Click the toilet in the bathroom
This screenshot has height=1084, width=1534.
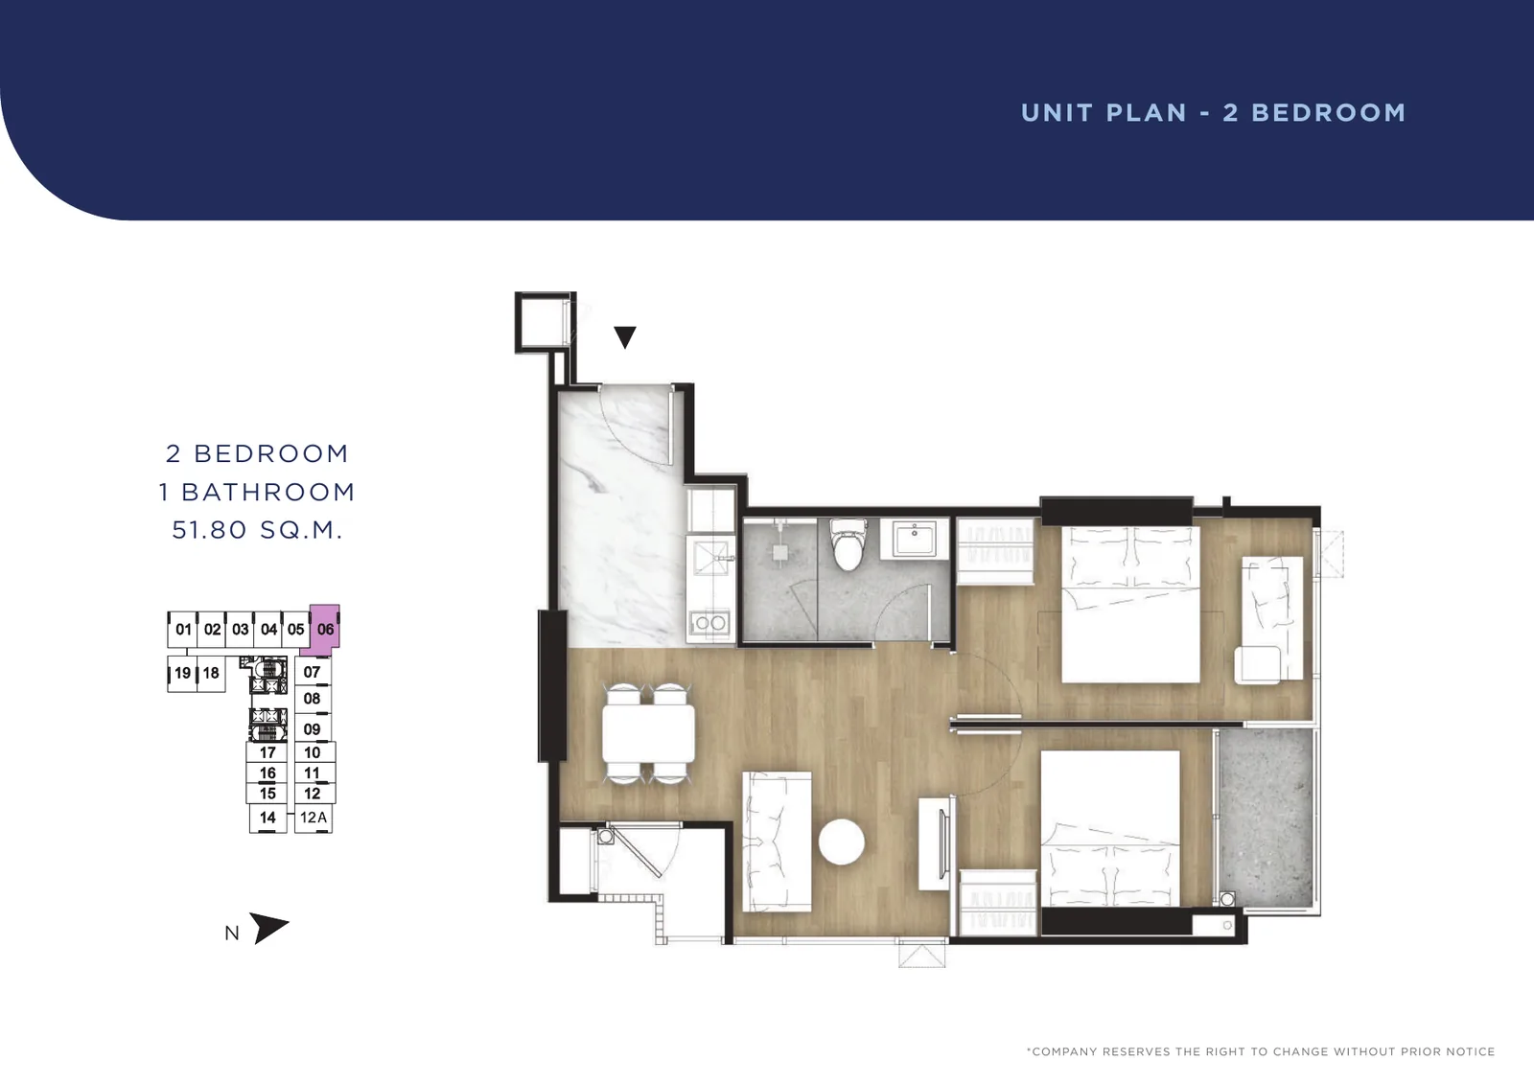click(x=848, y=543)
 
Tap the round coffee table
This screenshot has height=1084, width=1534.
click(x=842, y=842)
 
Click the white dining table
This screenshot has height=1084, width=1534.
click(x=648, y=733)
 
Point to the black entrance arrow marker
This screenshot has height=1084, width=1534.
click(x=624, y=337)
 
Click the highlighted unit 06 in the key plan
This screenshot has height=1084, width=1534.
click(x=325, y=630)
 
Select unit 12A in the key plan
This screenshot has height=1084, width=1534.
click(x=314, y=818)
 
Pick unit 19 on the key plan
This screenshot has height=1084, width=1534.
click(x=182, y=673)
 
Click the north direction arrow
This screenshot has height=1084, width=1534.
click(x=268, y=928)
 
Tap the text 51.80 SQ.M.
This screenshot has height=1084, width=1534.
click(x=257, y=530)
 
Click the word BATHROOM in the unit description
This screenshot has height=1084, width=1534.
click(x=268, y=492)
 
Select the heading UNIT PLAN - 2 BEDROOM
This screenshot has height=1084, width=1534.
click(x=1213, y=113)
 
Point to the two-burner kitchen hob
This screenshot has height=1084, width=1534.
click(x=710, y=623)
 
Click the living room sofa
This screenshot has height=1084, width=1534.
click(x=777, y=842)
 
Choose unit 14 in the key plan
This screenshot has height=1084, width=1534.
click(x=267, y=818)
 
